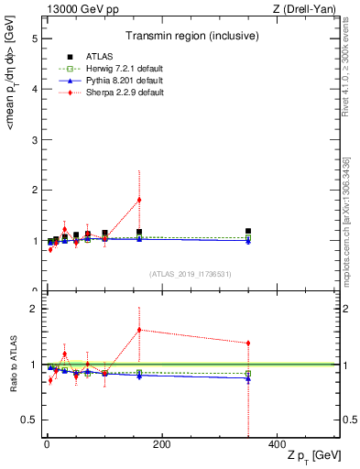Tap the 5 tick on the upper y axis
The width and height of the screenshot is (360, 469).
(34, 39)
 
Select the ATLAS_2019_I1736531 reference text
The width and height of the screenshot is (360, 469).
(189, 274)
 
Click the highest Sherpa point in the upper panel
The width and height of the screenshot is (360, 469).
(139, 200)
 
